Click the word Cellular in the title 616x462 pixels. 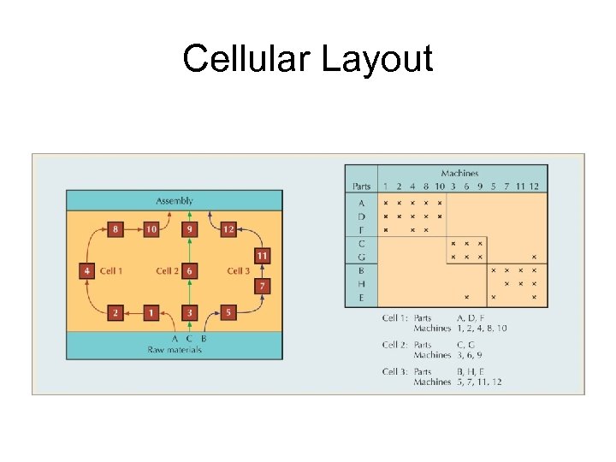(x=246, y=60)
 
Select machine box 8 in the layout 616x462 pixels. (x=116, y=229)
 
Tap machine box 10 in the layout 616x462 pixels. (x=151, y=229)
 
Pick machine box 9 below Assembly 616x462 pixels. (x=188, y=229)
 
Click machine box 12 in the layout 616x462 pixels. (x=228, y=229)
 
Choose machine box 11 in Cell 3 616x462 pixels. (x=263, y=256)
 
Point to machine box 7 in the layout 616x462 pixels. (x=263, y=285)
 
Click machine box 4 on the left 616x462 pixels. (x=86, y=270)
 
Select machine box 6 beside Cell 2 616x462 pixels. (x=189, y=270)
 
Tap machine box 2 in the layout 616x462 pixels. (x=116, y=312)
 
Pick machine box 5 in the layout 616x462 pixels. (x=228, y=312)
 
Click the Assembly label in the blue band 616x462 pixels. (x=174, y=200)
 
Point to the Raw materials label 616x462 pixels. (x=174, y=349)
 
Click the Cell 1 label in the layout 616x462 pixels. (x=111, y=270)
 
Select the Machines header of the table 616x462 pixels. (x=459, y=174)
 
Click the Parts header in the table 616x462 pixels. (x=362, y=187)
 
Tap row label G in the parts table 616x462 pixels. (x=361, y=256)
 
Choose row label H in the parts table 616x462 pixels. (x=361, y=283)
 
